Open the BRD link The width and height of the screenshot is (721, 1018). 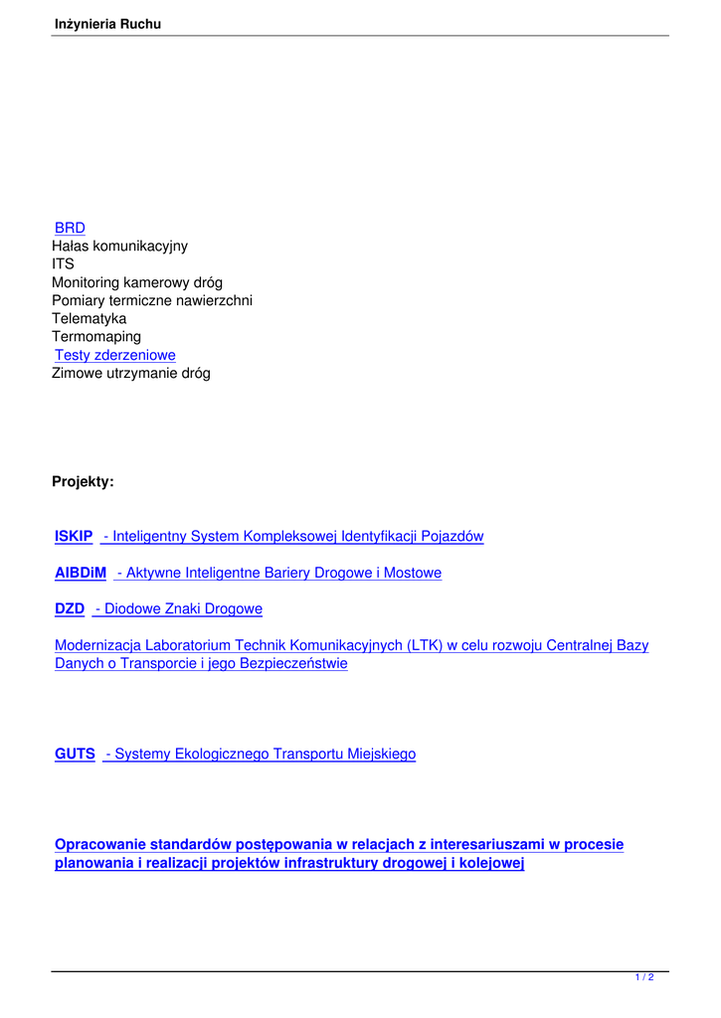point(70,228)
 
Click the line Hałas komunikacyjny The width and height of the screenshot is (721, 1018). point(119,246)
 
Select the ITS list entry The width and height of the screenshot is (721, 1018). point(63,264)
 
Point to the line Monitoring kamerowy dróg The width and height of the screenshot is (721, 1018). point(137,282)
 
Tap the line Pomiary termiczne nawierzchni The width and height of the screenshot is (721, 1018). point(152,300)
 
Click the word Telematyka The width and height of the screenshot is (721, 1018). point(89,319)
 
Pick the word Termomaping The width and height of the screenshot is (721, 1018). point(96,337)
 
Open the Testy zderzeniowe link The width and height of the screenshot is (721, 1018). point(115,355)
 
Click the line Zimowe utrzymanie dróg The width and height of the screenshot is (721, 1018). point(131,374)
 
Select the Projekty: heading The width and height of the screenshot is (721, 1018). point(83,482)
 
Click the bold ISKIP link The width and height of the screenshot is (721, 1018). point(74,537)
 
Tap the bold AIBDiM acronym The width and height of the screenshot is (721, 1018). point(81,573)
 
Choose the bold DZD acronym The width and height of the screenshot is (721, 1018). point(70,608)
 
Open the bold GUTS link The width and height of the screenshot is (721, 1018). point(75,755)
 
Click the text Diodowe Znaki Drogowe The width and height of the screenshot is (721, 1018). point(183,608)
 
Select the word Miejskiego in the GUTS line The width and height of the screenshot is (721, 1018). point(381,755)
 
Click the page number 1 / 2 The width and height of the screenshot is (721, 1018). point(644,978)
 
